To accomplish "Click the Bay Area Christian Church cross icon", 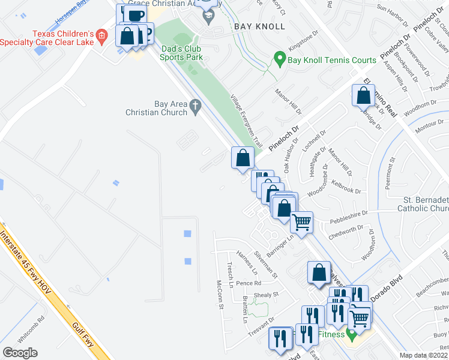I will tap(194, 107).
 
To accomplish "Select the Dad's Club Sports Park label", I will tap(181, 53).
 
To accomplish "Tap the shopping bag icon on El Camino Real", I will tap(364, 95).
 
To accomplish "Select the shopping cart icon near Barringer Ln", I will tap(302, 222).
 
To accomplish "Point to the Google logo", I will tap(20, 353).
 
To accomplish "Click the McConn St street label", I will tap(220, 294).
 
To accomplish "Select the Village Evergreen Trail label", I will tap(247, 121).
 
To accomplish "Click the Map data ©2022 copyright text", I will tap(424, 356).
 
